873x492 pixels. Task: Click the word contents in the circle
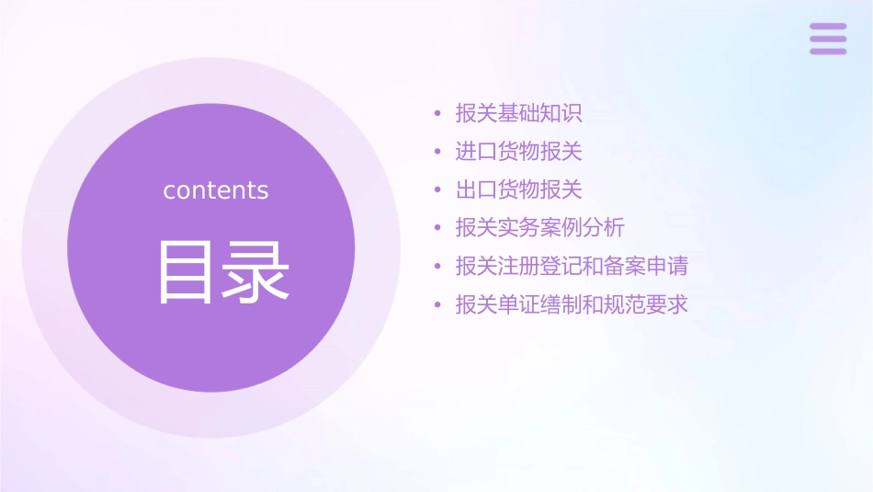coord(216,190)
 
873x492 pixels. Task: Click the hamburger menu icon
coord(828,39)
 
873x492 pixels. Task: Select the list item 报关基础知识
coord(519,114)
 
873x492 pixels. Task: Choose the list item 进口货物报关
coord(519,152)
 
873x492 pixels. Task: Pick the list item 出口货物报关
coord(519,190)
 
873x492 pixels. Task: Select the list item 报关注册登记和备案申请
coord(572,267)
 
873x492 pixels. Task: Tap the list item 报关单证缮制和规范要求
coord(572,304)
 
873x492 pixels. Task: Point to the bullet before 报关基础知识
coord(437,115)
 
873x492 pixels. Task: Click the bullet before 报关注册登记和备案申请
coord(437,268)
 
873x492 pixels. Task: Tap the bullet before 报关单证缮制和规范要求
coord(437,305)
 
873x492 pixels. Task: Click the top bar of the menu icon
coord(828,27)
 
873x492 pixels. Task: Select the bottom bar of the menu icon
coord(828,51)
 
